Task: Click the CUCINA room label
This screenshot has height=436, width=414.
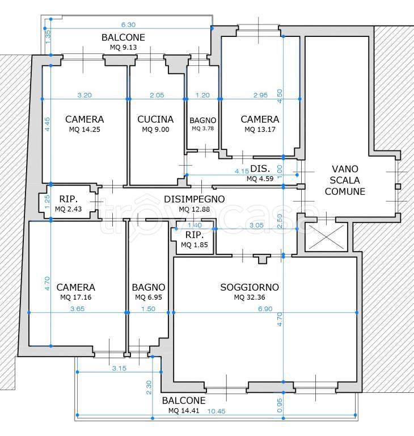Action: (x=155, y=119)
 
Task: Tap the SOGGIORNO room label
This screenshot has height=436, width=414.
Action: (x=250, y=287)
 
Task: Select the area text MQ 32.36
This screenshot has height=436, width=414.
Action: (x=250, y=297)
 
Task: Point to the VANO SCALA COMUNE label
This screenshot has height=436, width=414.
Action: (x=345, y=180)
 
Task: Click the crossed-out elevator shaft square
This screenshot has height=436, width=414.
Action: (x=326, y=237)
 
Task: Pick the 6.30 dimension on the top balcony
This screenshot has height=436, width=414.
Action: (x=128, y=25)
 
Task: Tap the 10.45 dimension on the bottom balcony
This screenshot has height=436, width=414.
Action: (x=217, y=411)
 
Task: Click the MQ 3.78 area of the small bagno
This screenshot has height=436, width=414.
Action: (x=203, y=128)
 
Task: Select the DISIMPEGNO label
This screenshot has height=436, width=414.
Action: (x=194, y=199)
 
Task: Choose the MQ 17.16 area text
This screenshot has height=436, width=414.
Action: (x=76, y=297)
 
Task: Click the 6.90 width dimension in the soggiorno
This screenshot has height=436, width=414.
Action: (x=265, y=309)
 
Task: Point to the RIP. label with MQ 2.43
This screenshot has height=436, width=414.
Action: (x=69, y=199)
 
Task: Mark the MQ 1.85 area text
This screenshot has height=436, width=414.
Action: (x=194, y=245)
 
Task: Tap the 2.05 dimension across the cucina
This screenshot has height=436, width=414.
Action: (x=157, y=95)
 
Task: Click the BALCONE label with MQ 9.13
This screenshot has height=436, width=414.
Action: (x=123, y=37)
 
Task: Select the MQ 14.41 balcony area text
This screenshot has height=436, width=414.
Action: (x=184, y=410)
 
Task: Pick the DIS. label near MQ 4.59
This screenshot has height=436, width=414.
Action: (x=260, y=169)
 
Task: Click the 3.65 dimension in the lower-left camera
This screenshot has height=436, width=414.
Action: (x=78, y=309)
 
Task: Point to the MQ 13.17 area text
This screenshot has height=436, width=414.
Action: (x=260, y=129)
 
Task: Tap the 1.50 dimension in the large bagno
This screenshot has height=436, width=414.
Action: (x=148, y=309)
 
